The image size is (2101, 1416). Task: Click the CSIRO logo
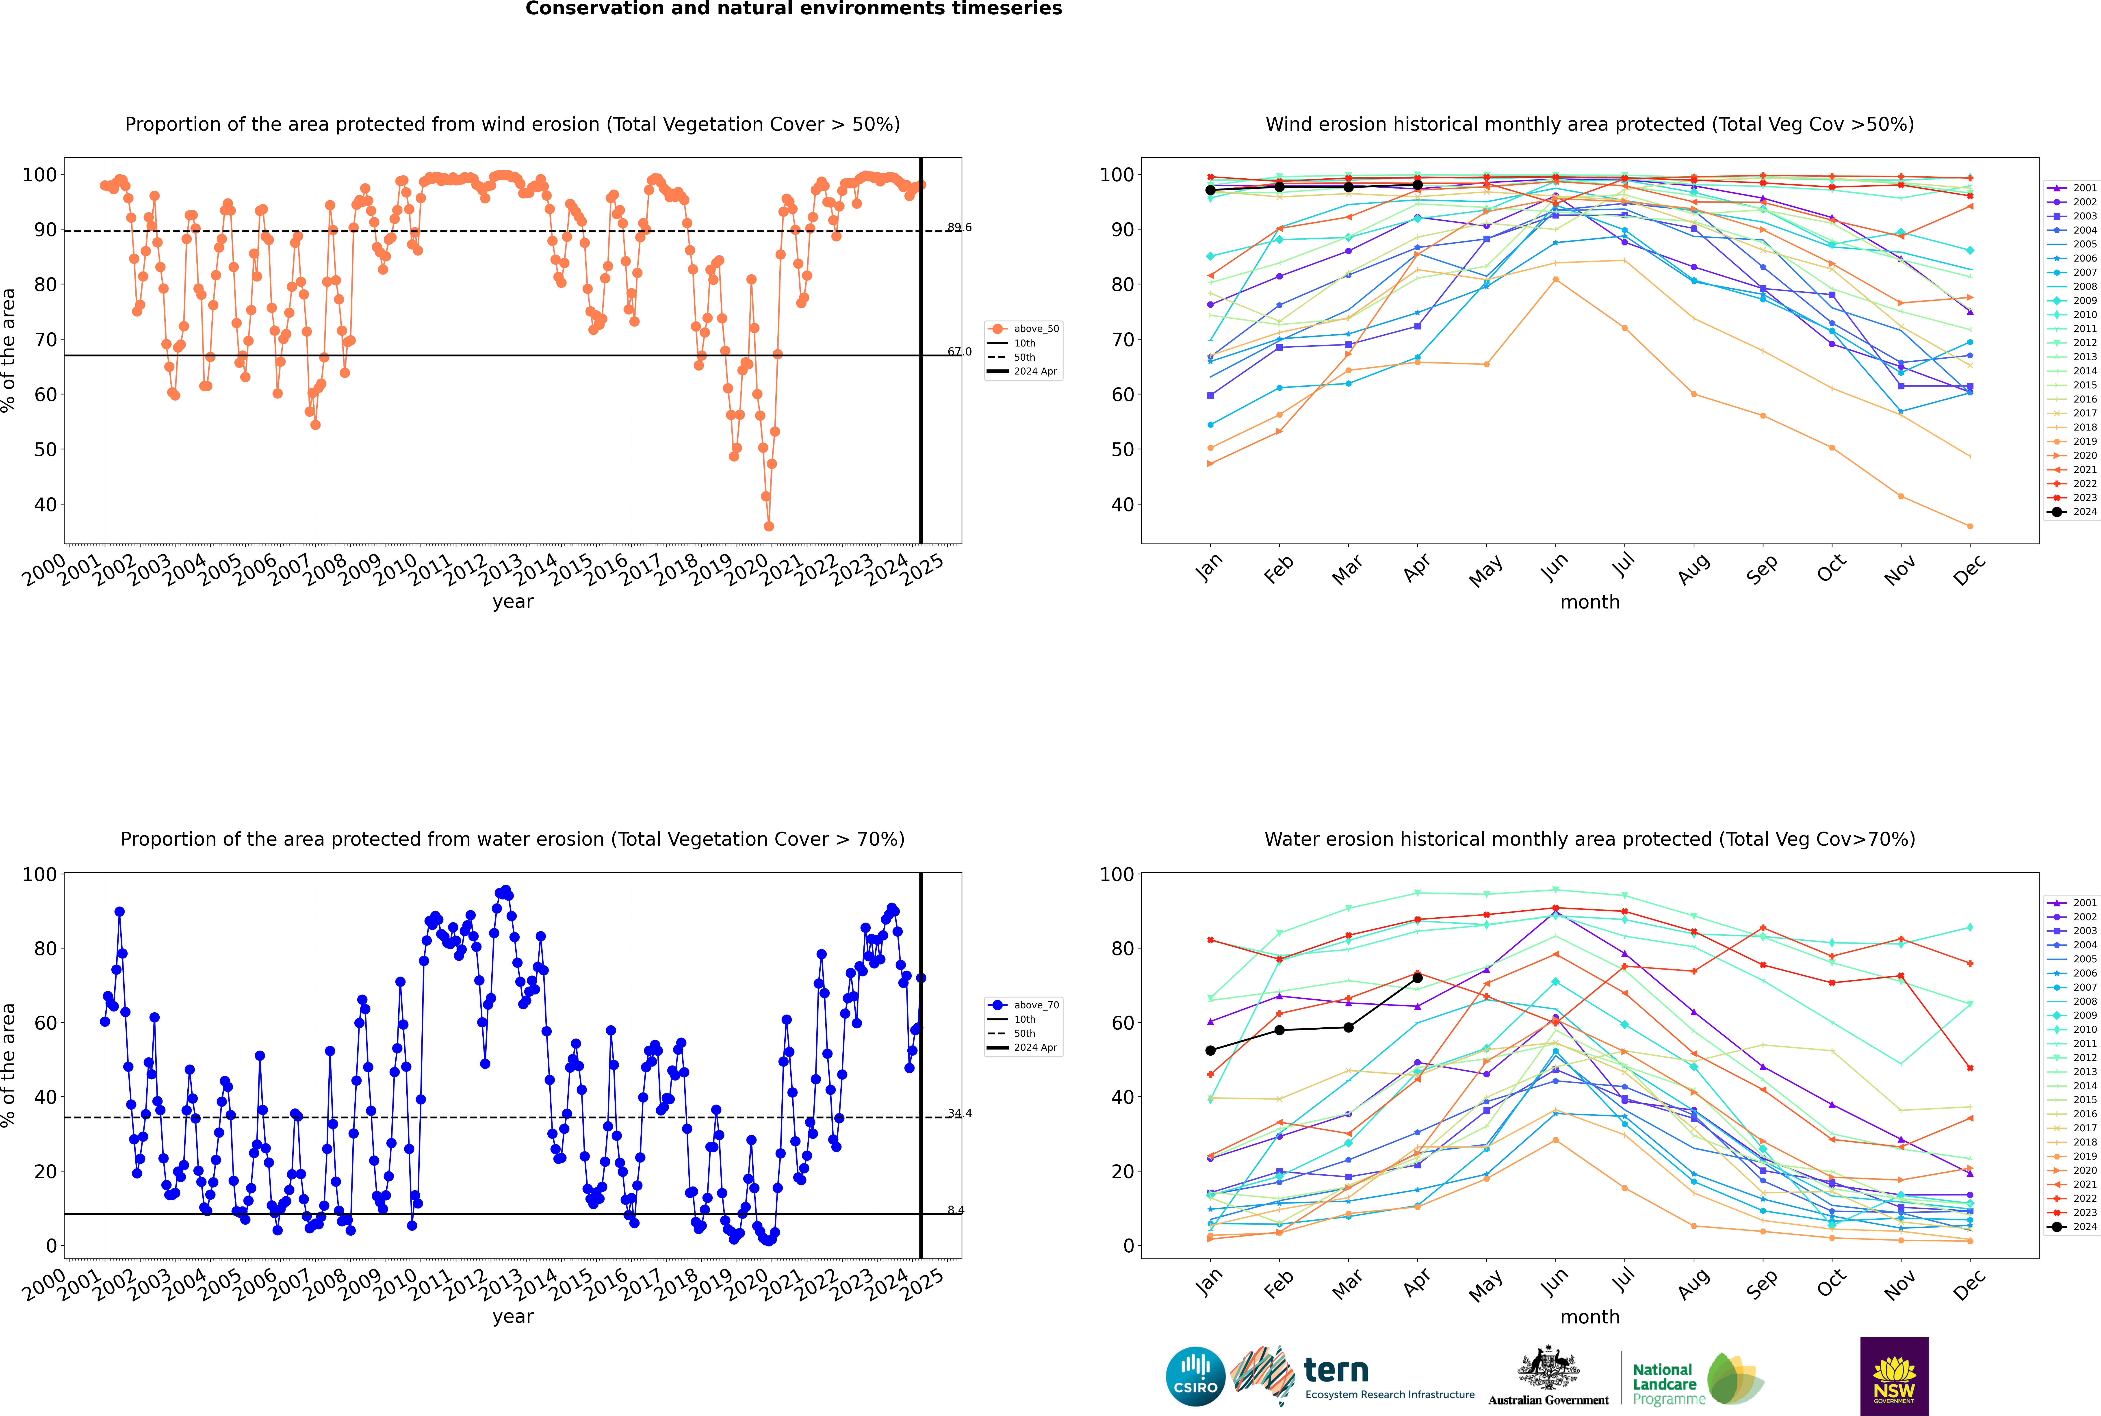click(1195, 1376)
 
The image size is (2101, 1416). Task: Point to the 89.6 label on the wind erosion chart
click(959, 227)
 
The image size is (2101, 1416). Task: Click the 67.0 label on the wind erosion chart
click(959, 352)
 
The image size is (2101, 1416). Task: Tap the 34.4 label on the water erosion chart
click(959, 1113)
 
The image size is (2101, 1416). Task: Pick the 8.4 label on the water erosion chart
click(956, 1210)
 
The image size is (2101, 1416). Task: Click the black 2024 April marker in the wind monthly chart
click(1417, 185)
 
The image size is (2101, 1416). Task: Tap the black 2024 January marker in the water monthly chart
click(1210, 1050)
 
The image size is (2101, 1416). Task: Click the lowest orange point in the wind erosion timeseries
click(769, 526)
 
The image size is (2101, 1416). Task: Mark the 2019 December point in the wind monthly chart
click(1970, 526)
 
